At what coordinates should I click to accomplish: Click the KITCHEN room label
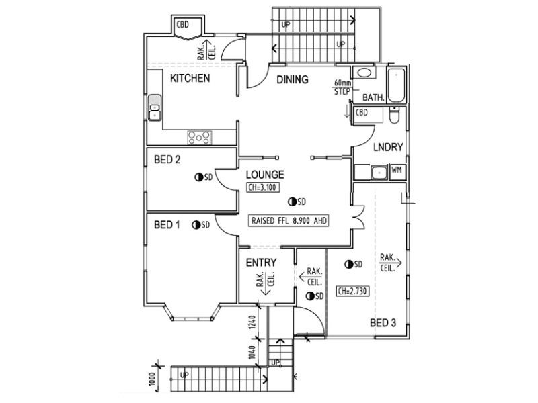tap(190, 79)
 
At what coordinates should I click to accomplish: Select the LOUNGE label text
tap(269, 174)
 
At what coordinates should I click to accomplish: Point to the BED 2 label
tap(168, 160)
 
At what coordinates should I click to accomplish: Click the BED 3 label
tap(383, 323)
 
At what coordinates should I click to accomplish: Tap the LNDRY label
tap(388, 147)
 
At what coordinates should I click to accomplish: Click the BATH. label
tap(373, 97)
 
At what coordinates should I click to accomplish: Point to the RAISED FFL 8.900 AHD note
tap(289, 220)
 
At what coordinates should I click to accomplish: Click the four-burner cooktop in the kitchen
tap(199, 137)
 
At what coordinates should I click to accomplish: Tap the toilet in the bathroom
tap(395, 116)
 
